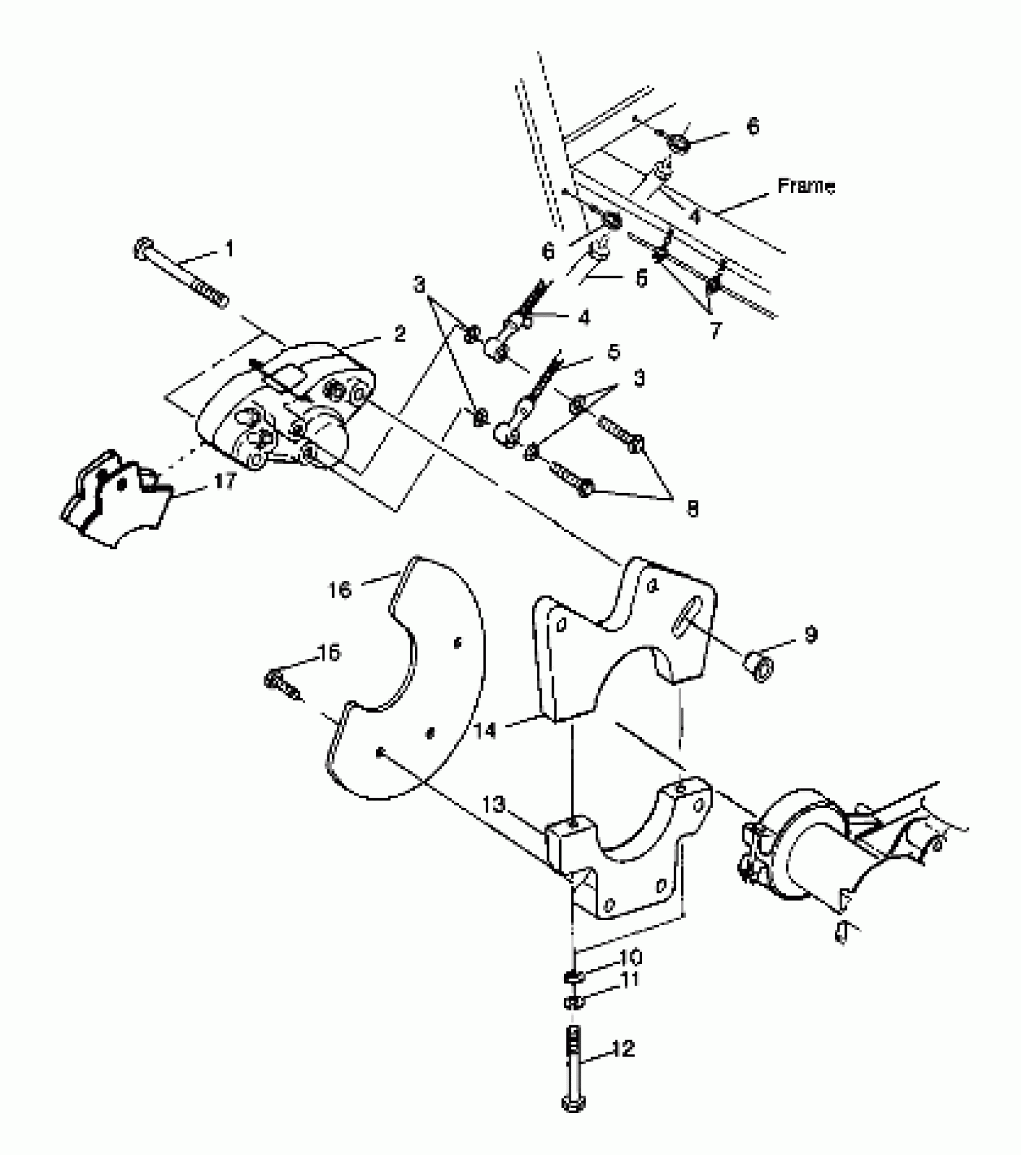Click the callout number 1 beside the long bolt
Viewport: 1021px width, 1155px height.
[229, 249]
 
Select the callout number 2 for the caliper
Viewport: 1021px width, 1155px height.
[400, 334]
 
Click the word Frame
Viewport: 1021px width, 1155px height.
[805, 186]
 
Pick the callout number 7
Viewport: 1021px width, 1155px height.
[715, 330]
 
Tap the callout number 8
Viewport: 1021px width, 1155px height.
[692, 509]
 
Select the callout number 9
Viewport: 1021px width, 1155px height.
[811, 634]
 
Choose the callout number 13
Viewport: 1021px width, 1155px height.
[494, 805]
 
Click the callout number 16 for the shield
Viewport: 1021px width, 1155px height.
[340, 590]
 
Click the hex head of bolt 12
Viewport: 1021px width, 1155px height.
[574, 1103]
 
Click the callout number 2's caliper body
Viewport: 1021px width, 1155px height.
[282, 408]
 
